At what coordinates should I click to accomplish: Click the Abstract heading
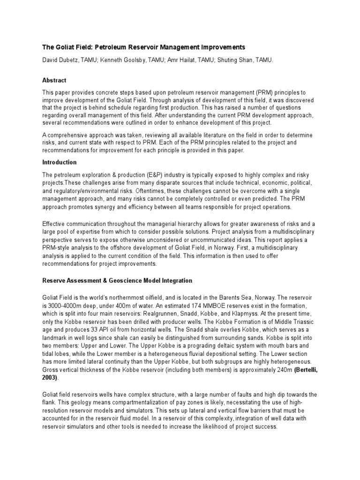54,80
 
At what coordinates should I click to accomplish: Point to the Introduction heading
60,162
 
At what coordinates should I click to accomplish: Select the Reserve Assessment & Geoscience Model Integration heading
117,281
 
